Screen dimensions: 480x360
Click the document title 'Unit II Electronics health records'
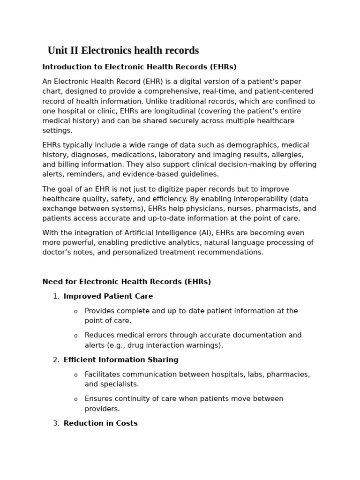click(123, 51)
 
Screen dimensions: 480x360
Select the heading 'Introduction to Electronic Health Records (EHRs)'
click(139, 67)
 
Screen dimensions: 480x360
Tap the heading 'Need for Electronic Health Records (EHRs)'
click(127, 282)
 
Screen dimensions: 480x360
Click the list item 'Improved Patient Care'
click(108, 296)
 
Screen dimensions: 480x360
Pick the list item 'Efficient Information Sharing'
click(121, 360)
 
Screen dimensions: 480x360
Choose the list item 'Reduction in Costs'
click(100, 423)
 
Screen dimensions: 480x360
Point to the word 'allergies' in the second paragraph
click(288, 155)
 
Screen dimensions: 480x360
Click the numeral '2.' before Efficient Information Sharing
click(56, 360)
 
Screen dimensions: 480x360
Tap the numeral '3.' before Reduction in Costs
click(56, 423)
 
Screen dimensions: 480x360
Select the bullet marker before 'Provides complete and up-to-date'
click(76, 312)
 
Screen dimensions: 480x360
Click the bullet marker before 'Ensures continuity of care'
click(76, 399)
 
